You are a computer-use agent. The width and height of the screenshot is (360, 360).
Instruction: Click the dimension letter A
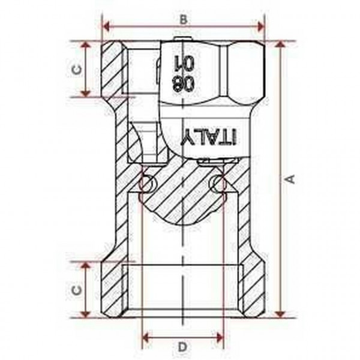pos(290,179)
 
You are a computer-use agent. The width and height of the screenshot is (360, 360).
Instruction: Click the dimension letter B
pos(184,19)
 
